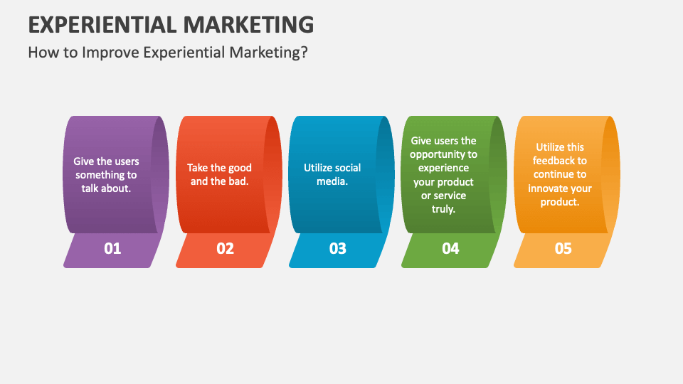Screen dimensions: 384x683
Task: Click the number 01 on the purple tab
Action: tap(112, 248)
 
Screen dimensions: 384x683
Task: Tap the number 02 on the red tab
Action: tap(225, 248)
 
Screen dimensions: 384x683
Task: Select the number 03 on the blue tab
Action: tap(337, 248)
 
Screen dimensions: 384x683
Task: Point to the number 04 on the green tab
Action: tap(450, 248)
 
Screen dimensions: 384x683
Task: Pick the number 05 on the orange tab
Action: tap(563, 248)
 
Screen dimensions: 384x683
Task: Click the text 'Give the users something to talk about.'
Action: tap(106, 175)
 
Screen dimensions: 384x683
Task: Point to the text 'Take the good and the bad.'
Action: tap(219, 174)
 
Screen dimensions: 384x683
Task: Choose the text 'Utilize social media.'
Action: tap(332, 174)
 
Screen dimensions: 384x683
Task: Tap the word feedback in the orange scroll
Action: tap(559, 161)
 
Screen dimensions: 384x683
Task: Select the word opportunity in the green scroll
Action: tap(443, 154)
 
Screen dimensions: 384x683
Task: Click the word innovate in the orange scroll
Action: tap(548, 188)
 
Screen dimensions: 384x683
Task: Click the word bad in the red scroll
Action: tap(240, 181)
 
